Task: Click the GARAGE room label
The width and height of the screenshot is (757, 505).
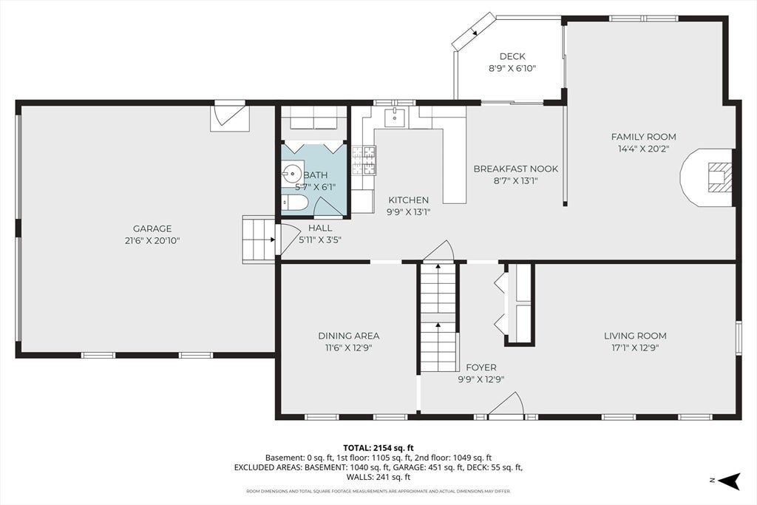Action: (x=152, y=229)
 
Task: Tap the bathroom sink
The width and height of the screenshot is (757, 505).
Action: (x=292, y=172)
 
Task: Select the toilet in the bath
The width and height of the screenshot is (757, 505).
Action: (x=293, y=203)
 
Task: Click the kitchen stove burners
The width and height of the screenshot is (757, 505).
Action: (x=364, y=160)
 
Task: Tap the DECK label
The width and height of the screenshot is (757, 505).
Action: (x=513, y=56)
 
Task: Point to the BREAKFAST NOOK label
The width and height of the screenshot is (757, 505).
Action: (x=515, y=169)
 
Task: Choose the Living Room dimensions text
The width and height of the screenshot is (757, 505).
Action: (x=635, y=348)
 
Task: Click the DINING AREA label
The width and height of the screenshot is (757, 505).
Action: (x=349, y=336)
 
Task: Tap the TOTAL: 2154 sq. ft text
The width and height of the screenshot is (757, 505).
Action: (x=378, y=447)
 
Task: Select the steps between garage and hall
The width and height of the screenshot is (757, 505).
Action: (x=258, y=240)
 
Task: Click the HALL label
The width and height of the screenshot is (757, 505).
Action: (x=320, y=228)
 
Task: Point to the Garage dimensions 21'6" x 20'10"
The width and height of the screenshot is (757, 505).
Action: (x=152, y=241)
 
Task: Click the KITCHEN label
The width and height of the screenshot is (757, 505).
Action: (x=408, y=200)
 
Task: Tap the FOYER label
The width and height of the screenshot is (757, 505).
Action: (x=481, y=367)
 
